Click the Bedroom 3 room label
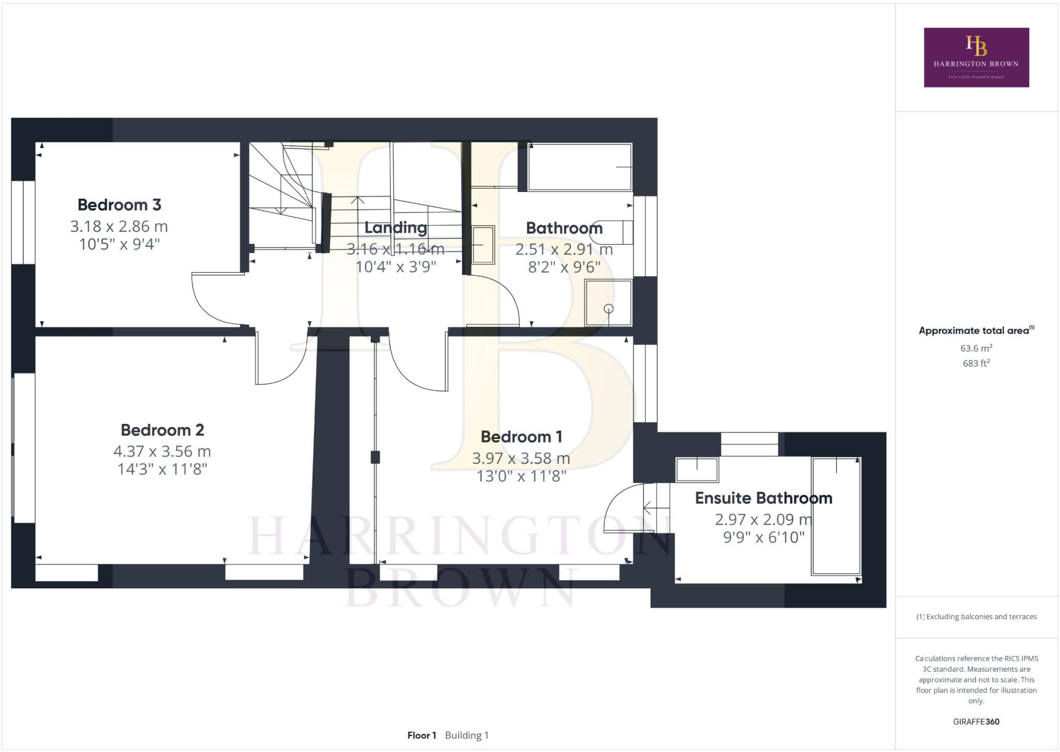click(x=119, y=205)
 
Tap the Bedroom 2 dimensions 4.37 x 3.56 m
click(x=162, y=451)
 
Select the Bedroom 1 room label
click(x=521, y=437)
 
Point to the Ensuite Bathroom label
click(x=763, y=498)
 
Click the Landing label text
click(x=395, y=228)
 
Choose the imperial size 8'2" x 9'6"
click(x=564, y=267)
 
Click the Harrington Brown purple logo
click(x=976, y=57)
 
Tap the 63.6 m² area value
click(x=976, y=348)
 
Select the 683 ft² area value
click(x=976, y=363)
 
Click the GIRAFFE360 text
click(x=976, y=721)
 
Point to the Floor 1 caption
click(x=422, y=735)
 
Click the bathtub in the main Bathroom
click(x=580, y=167)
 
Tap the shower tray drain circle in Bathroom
click(x=609, y=309)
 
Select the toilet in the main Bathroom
click(x=616, y=232)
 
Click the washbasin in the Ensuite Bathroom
click(x=697, y=469)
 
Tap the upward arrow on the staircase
click(x=358, y=200)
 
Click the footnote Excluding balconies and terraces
click(x=976, y=616)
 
